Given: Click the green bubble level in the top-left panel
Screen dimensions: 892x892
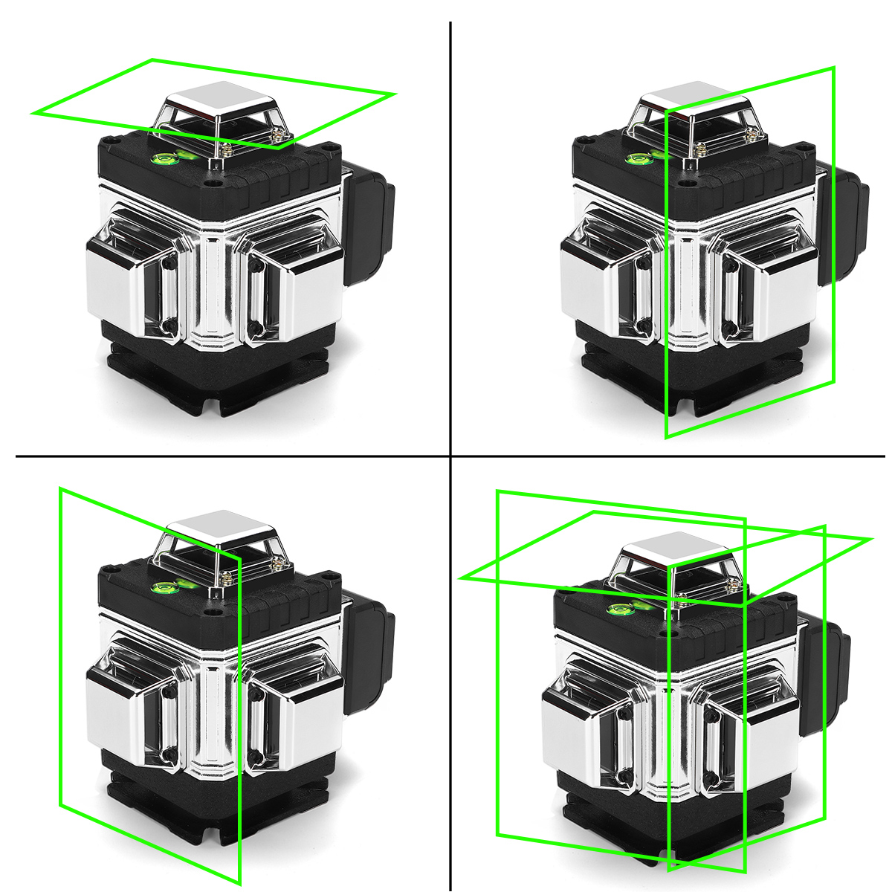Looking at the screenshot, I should [165, 158].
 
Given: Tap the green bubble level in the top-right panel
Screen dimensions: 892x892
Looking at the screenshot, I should [639, 158].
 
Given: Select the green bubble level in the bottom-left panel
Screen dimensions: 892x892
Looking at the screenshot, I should [165, 590].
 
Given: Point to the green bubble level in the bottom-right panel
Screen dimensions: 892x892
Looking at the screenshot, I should [619, 611].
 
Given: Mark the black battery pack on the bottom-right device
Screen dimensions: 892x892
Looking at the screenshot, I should [824, 676].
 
